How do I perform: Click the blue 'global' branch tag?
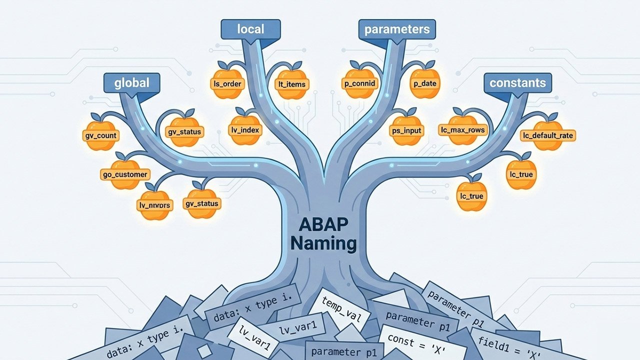pos(131,83)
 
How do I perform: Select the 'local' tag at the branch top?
pos(250,29)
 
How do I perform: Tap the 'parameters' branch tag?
pos(396,29)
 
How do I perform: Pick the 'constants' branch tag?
pos(517,83)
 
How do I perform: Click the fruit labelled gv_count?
pos(100,135)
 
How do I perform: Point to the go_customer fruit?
pos(124,174)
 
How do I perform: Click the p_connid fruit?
pos(359,83)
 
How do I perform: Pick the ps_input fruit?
pos(405,130)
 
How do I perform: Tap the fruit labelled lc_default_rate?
pos(547,135)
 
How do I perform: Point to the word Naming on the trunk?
pos(323,243)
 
